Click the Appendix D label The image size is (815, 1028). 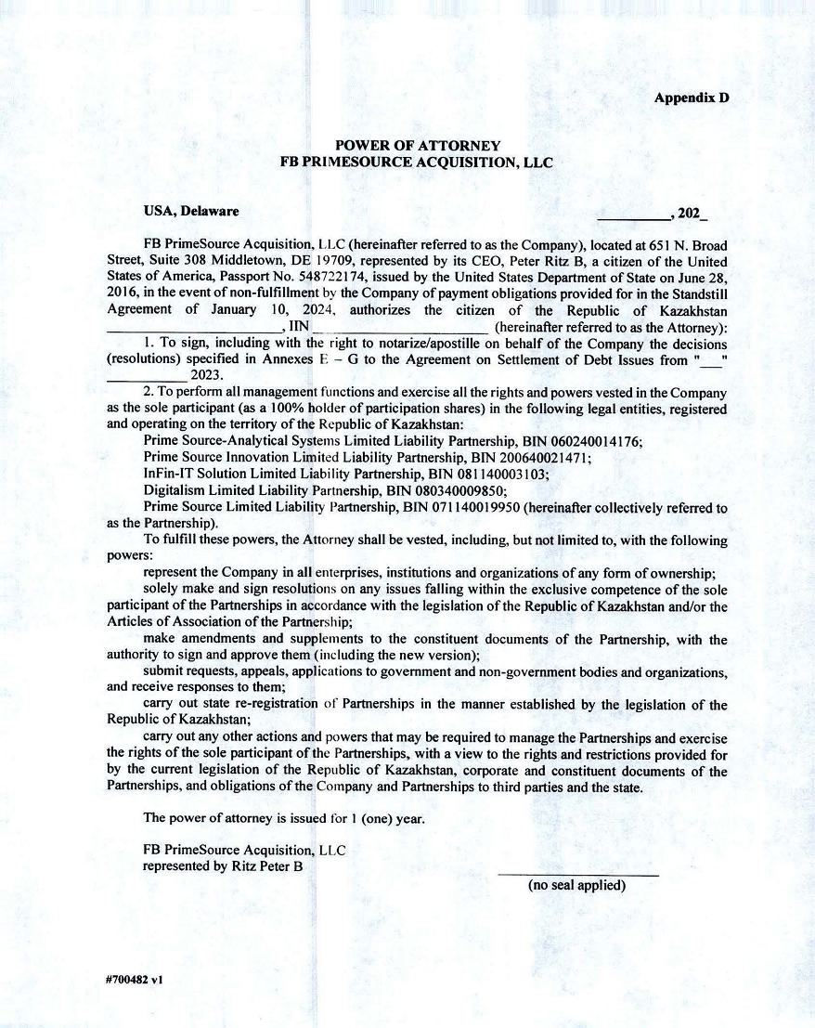point(692,98)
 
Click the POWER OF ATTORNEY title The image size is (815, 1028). point(417,146)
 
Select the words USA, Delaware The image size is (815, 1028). point(191,211)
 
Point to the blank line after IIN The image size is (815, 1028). point(401,327)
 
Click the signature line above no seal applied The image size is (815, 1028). point(577,874)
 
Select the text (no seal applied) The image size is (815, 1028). point(577,886)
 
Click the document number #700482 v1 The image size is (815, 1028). point(135,979)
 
